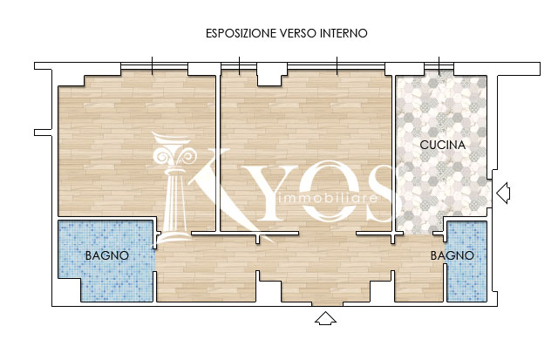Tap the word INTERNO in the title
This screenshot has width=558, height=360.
coord(344,33)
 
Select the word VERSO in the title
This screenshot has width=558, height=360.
coord(298,33)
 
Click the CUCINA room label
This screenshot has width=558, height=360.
coord(443,145)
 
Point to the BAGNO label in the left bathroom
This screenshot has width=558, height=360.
coord(107,255)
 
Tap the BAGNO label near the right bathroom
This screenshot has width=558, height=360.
coord(453,255)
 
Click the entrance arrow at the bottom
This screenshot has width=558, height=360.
coord(325,318)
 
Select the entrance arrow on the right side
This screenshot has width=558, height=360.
coord(503,194)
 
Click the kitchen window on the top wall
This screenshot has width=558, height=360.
coord(439,65)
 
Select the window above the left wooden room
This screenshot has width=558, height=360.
coord(154,65)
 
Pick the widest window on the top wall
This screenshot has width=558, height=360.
coord(336,65)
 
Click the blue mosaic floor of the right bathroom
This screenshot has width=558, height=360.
coord(466,262)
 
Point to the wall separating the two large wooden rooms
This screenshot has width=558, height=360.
coord(218,153)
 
